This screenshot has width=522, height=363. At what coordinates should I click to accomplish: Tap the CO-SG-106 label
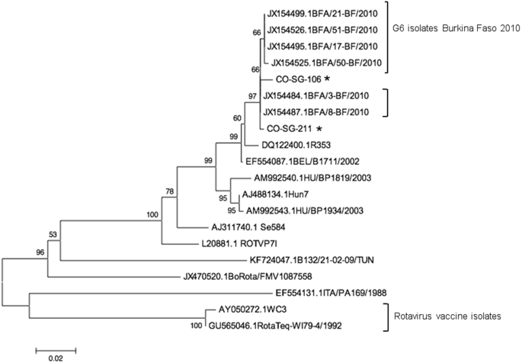(x=298, y=79)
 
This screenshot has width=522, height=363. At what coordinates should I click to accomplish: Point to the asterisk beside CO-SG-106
(x=327, y=79)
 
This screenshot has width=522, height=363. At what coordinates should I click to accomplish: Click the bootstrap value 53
(x=53, y=233)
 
